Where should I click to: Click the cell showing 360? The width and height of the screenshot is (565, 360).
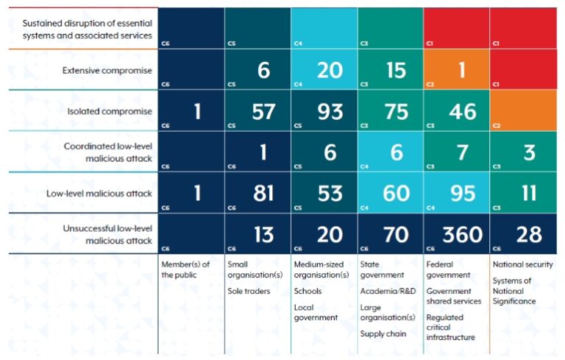(462, 234)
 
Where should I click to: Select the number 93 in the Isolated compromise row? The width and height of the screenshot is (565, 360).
(330, 111)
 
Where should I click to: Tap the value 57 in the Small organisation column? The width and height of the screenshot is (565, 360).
(263, 111)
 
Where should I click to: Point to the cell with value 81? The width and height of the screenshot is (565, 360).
(263, 193)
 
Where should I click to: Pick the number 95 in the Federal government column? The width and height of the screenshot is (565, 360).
(462, 193)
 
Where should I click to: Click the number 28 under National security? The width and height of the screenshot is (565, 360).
(529, 234)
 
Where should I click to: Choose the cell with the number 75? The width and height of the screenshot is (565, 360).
(396, 111)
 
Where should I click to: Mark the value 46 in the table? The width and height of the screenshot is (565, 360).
(462, 111)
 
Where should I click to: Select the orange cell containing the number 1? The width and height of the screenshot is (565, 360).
(463, 70)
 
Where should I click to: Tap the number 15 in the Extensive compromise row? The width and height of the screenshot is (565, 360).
(396, 70)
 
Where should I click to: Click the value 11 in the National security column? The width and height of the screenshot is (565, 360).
(529, 193)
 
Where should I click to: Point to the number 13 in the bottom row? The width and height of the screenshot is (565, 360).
(263, 234)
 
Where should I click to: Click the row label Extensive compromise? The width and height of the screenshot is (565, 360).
(107, 70)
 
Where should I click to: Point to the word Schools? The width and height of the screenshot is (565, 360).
(307, 291)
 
